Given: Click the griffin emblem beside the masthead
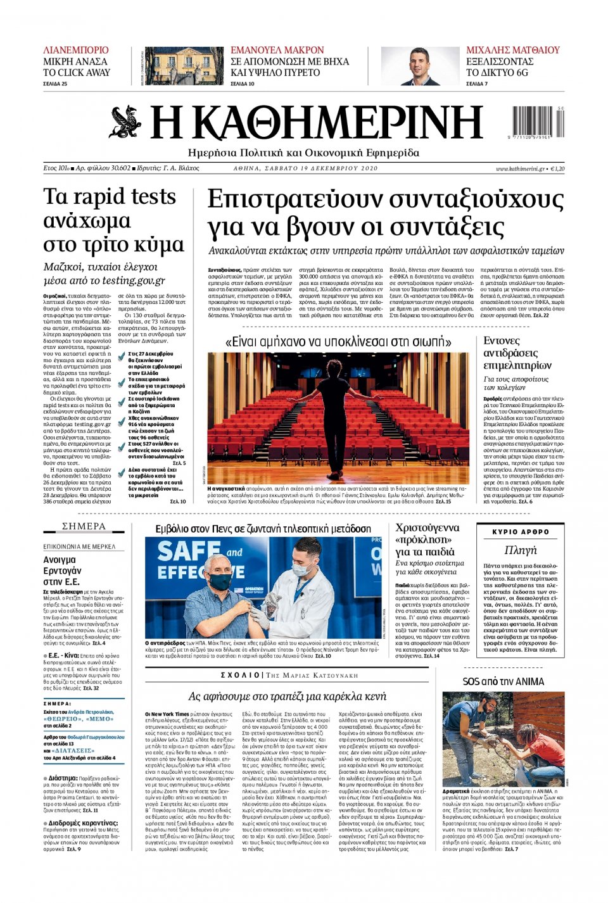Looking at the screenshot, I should (125, 122).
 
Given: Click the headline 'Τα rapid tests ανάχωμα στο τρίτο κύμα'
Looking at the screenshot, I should (113, 220).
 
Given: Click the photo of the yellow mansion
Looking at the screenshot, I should (184, 66).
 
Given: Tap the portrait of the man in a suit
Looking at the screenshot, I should (419, 66).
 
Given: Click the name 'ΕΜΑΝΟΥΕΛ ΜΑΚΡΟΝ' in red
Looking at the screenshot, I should (277, 50).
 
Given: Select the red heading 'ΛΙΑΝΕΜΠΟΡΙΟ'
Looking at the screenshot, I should (76, 50).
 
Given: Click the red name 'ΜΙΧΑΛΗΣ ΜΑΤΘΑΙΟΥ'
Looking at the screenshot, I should (513, 50).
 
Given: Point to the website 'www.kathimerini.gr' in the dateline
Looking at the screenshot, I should (520, 169).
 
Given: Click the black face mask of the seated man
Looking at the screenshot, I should (220, 581).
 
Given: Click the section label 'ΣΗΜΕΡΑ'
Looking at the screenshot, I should (84, 527).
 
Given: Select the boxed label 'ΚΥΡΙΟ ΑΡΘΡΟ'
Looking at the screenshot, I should (521, 532).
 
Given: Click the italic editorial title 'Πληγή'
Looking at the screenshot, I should (521, 550).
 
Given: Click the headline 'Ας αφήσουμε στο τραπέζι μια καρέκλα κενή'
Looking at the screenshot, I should (287, 697).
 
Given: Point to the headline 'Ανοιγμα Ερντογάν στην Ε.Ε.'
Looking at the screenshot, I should (62, 570).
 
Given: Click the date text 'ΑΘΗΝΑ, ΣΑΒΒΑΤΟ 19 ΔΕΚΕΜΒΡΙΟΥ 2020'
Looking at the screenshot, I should (305, 169).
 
